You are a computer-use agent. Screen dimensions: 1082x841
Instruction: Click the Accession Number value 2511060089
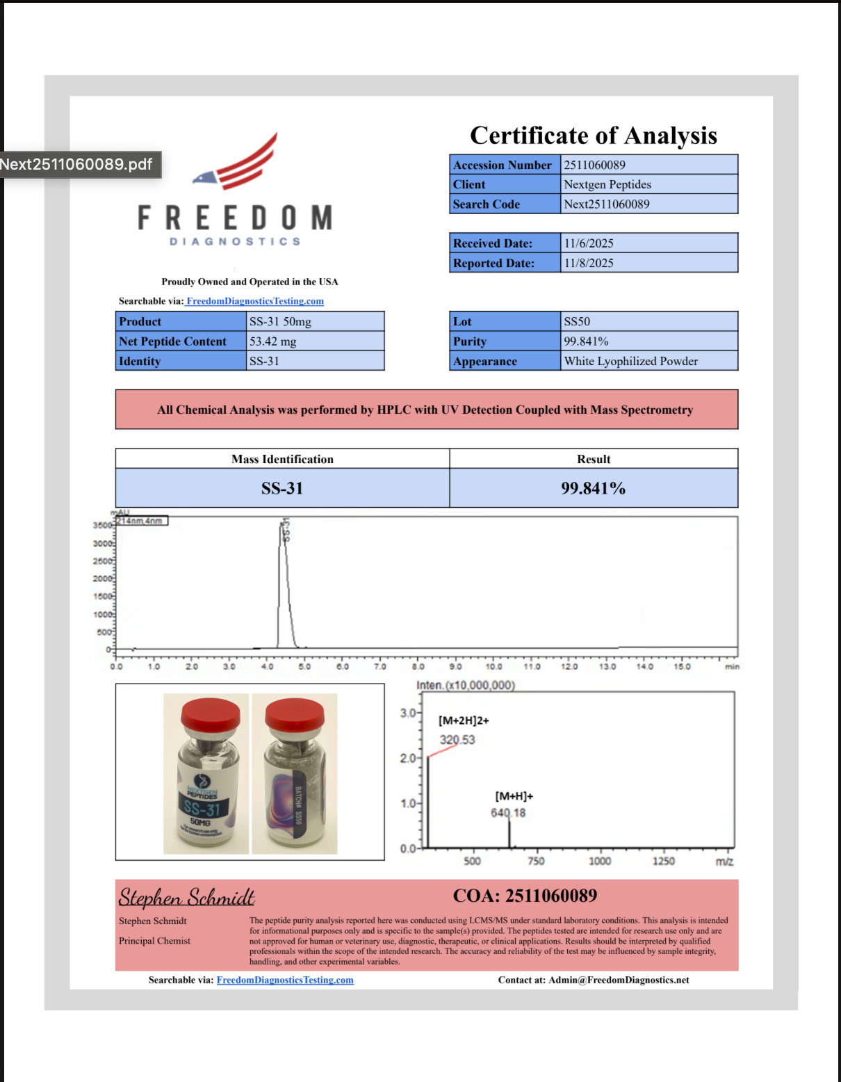[594, 165]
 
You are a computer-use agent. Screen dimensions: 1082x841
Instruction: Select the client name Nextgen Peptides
[607, 184]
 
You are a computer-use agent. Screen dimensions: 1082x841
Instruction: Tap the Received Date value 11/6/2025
[589, 243]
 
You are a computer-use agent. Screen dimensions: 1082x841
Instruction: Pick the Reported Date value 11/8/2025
[589, 263]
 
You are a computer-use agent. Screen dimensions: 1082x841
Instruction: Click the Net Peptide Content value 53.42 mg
[273, 341]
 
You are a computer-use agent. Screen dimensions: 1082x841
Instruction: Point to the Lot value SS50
[577, 321]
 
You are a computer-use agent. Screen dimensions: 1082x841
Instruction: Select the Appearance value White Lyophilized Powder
[630, 361]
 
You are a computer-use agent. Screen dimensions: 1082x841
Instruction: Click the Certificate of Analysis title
[594, 135]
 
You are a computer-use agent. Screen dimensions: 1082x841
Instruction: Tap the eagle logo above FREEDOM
[240, 163]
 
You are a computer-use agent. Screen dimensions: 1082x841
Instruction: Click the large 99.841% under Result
[593, 488]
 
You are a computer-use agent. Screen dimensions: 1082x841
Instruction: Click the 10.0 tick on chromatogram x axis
[493, 666]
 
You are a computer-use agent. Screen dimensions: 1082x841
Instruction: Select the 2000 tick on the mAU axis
[103, 579]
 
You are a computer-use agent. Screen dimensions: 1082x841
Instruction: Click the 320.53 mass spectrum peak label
[457, 740]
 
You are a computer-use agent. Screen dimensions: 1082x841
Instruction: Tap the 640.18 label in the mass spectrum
[508, 813]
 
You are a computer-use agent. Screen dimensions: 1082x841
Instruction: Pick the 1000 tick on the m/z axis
[600, 861]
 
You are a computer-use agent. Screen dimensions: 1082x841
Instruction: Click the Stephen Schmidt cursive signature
[186, 897]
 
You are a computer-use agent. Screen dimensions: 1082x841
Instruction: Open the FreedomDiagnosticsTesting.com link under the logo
[255, 301]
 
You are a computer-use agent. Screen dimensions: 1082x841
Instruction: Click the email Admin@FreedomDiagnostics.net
[619, 980]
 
